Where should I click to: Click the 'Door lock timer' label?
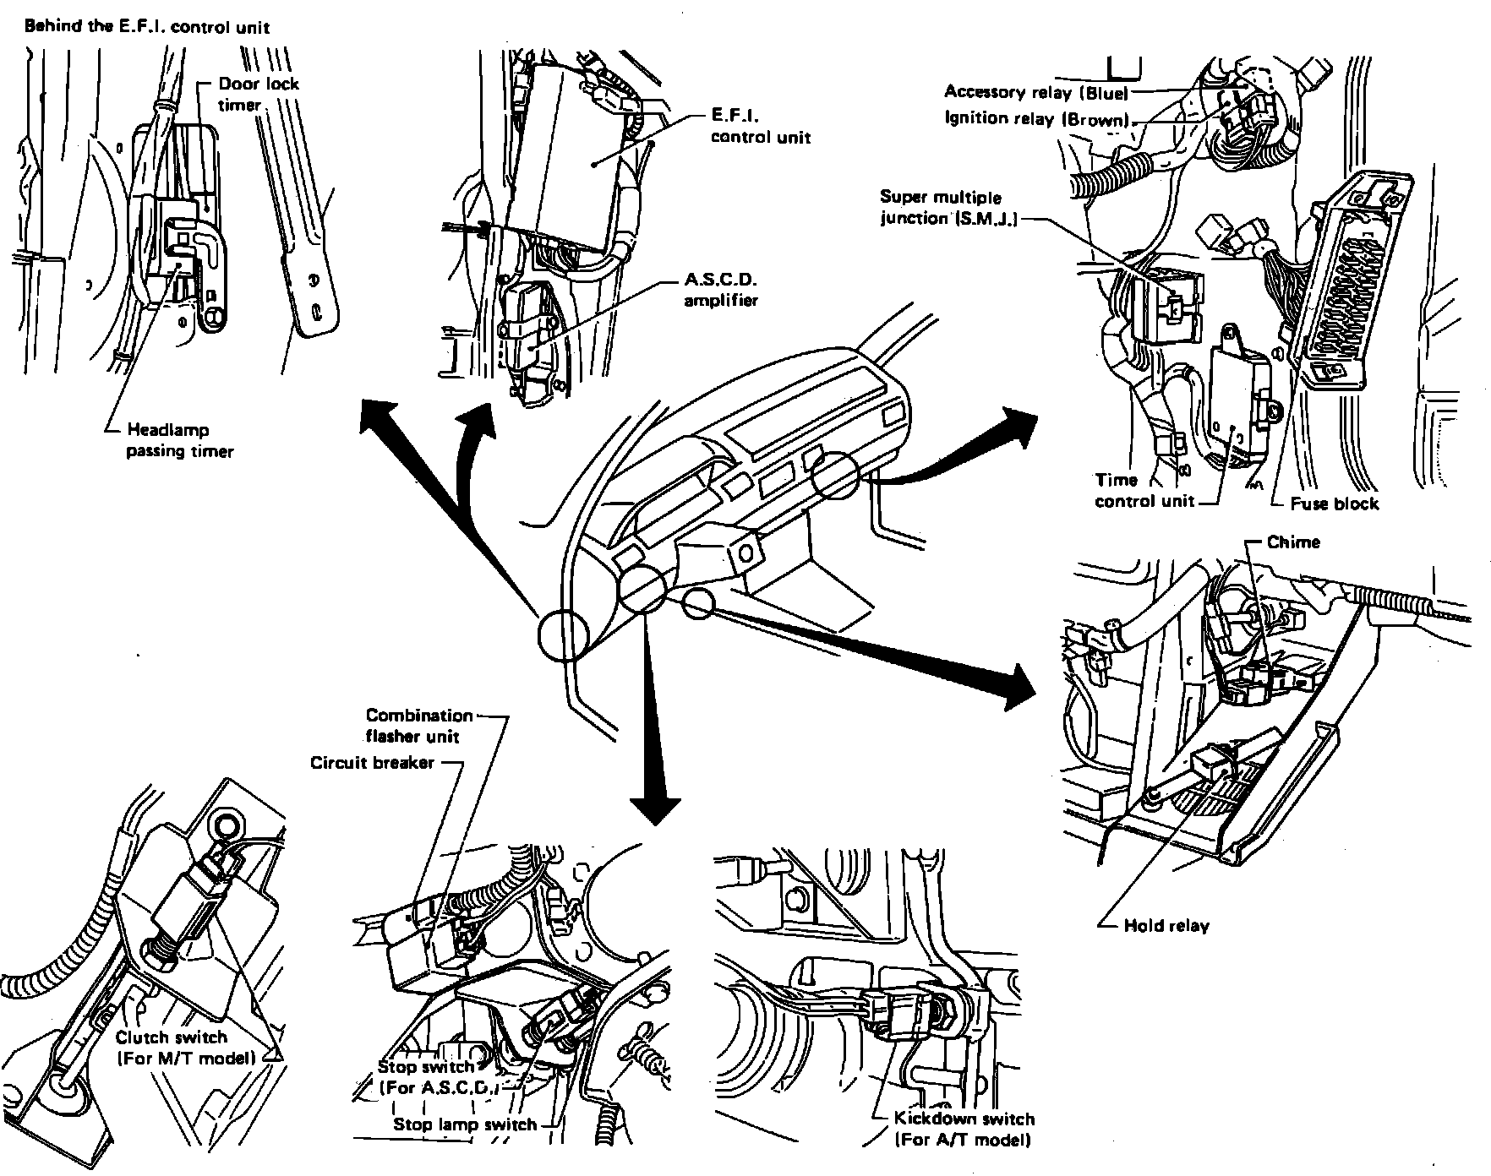[x=258, y=94]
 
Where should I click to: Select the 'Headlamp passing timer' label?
[x=179, y=440]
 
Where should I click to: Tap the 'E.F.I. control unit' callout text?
[x=760, y=126]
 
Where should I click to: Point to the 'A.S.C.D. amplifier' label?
[x=721, y=289]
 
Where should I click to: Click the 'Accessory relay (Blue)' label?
[x=1036, y=91]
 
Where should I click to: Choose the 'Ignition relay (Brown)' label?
[x=1037, y=118]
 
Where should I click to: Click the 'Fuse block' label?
[x=1334, y=504]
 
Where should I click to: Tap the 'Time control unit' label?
[x=1144, y=491]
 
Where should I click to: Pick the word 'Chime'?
[x=1293, y=542]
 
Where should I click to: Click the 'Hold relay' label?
[x=1166, y=925]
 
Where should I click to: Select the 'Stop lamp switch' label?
[x=465, y=1124]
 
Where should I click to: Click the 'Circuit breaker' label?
[x=372, y=763]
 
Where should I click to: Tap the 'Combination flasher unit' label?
[x=419, y=726]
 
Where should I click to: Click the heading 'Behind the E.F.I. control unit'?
[x=147, y=26]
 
